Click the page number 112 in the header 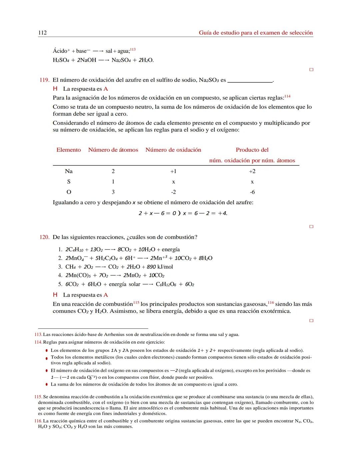42,33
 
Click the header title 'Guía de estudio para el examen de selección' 256,33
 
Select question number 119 44,80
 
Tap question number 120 44,237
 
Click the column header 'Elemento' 69,150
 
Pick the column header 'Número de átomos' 113,150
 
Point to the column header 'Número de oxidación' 173,150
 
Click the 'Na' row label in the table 69,171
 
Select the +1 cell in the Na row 173,171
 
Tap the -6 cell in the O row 252,192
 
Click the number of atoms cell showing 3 113,192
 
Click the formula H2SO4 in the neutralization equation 60,60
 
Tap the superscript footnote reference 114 287,96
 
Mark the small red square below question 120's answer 311,321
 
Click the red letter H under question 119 55,89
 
